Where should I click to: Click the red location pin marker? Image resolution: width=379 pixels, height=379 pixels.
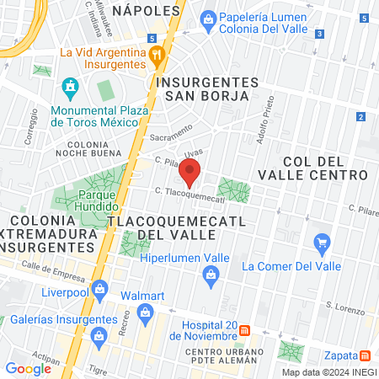pyautogui.click(x=189, y=172)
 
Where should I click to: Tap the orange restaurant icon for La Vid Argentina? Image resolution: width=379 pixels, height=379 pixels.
pyautogui.click(x=156, y=56)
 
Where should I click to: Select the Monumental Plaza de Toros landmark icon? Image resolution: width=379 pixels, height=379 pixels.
pyautogui.click(x=70, y=86)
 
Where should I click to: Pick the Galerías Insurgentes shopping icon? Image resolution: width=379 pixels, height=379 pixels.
pyautogui.click(x=99, y=338)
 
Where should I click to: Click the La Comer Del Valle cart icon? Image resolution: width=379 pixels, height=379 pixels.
pyautogui.click(x=321, y=245)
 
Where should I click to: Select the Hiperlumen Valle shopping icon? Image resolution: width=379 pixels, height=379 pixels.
pyautogui.click(x=211, y=272)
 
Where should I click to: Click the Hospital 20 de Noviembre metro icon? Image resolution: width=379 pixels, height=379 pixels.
pyautogui.click(x=243, y=329)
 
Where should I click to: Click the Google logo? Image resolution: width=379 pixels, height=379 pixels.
pyautogui.click(x=29, y=368)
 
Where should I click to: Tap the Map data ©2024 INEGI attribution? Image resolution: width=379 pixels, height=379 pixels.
pyautogui.click(x=328, y=372)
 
